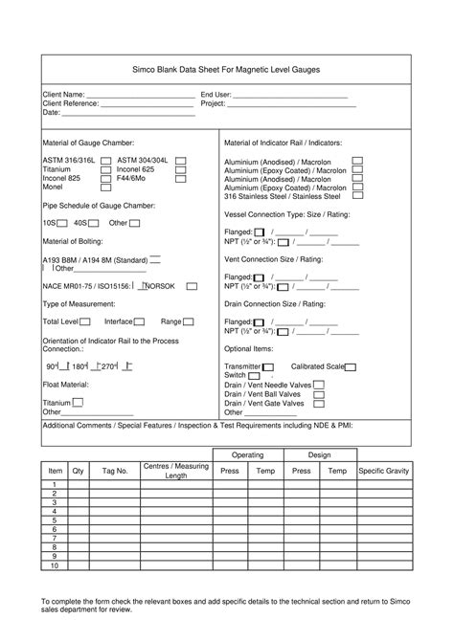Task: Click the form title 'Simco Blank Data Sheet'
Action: pyautogui.click(x=226, y=71)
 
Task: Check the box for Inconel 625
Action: pyautogui.click(x=181, y=168)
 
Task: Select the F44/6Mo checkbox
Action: pyautogui.click(x=181, y=178)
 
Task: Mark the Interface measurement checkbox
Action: pyautogui.click(x=140, y=321)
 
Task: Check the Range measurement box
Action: pyautogui.click(x=192, y=321)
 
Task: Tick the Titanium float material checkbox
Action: pyautogui.click(x=78, y=403)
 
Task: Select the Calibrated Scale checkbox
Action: pyautogui.click(x=351, y=367)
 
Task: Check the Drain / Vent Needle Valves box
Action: pyautogui.click(x=319, y=385)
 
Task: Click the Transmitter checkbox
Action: pyautogui.click(x=268, y=367)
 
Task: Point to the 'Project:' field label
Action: pyautogui.click(x=213, y=103)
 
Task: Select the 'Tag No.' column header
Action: pyautogui.click(x=115, y=472)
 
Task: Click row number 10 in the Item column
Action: pyautogui.click(x=55, y=565)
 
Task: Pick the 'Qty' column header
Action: pyautogui.click(x=79, y=472)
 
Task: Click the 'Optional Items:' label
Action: pyautogui.click(x=249, y=349)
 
